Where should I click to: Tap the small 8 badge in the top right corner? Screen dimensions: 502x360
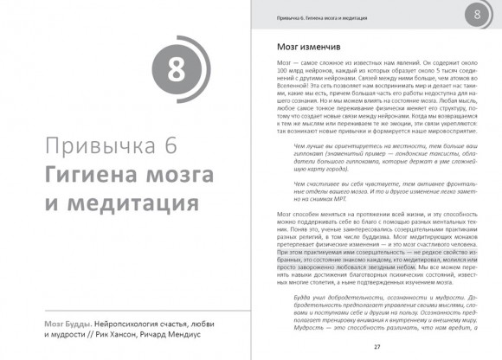(x=479, y=15)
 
